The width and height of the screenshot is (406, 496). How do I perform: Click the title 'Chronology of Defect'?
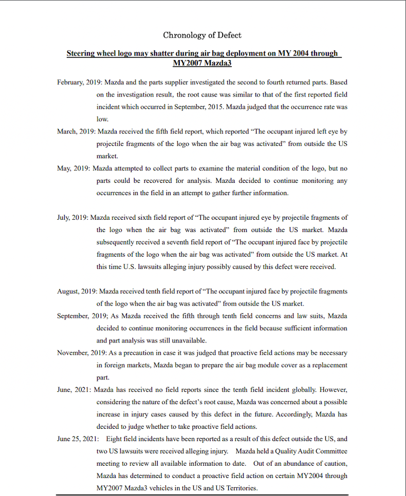coord(202,35)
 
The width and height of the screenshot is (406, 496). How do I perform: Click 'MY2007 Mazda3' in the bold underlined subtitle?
coord(202,63)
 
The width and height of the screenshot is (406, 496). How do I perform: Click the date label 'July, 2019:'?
coord(73,218)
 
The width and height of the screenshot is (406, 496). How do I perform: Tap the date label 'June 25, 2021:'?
coord(78,439)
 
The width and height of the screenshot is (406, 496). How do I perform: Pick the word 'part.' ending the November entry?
coord(103,377)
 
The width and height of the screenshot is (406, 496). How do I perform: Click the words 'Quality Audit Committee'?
coord(311,451)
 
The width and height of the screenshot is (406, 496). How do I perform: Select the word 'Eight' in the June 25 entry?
coord(114,439)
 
